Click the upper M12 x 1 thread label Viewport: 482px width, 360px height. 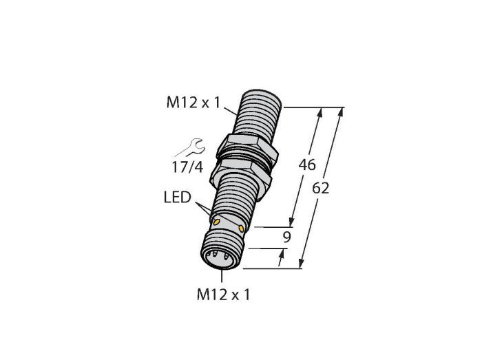pyautogui.click(x=193, y=103)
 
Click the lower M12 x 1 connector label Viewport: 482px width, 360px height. pyautogui.click(x=224, y=295)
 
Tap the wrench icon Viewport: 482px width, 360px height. pyautogui.click(x=191, y=148)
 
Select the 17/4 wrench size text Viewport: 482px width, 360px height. pyautogui.click(x=187, y=167)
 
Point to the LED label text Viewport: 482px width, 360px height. pyautogui.click(x=178, y=197)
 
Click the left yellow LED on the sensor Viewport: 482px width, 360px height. pyautogui.click(x=217, y=222)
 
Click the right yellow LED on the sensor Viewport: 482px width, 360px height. pyautogui.click(x=241, y=229)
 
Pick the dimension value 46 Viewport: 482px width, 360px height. pyautogui.click(x=307, y=165)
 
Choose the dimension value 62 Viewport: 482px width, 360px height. pyautogui.click(x=321, y=188)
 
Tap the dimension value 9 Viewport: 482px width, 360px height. pyautogui.click(x=286, y=237)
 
